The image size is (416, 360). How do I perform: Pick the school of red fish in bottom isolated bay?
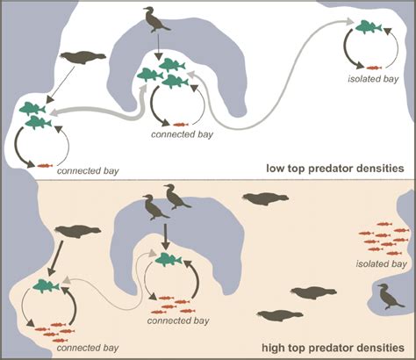383,239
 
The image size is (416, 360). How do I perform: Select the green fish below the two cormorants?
170,259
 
